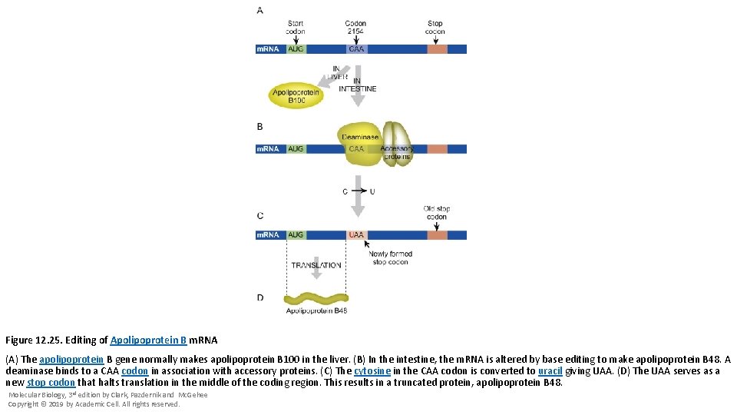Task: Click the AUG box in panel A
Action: tap(296, 49)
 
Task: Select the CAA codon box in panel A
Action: tap(356, 49)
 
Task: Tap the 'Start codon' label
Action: tap(296, 28)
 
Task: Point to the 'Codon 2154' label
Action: tap(355, 28)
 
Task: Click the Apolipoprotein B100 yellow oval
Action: tap(296, 96)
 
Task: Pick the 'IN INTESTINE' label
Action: tap(358, 85)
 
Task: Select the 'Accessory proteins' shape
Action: tap(397, 142)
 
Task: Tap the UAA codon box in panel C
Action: tap(356, 235)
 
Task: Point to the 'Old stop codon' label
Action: tap(436, 213)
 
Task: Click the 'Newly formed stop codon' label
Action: tap(390, 257)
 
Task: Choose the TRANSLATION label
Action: tap(316, 265)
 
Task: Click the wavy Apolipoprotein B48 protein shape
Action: tap(316, 298)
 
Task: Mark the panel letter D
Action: tap(259, 297)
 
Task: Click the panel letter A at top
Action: tap(259, 10)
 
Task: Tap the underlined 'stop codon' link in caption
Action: tap(51, 382)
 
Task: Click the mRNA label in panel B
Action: tap(268, 149)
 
